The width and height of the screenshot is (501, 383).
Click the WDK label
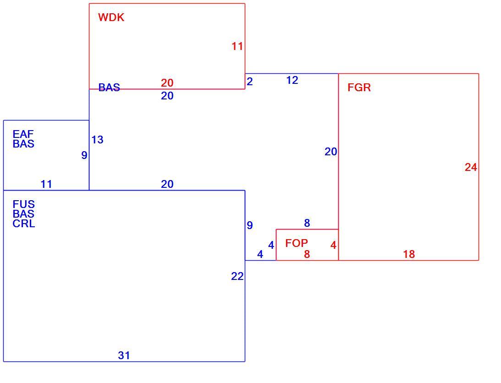(x=111, y=17)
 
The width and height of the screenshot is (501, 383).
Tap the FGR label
(x=359, y=88)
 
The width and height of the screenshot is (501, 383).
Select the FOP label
(x=297, y=243)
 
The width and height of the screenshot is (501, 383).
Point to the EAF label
(x=23, y=134)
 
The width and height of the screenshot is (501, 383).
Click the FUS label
(x=24, y=204)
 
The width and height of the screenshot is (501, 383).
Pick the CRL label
(x=24, y=224)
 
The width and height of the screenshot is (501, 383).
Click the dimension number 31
(x=124, y=355)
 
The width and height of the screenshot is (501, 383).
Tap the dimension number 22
(x=237, y=276)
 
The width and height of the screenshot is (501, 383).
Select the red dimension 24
(x=471, y=167)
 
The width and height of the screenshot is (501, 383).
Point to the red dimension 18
(x=409, y=254)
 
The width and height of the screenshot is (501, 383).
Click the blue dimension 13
(x=98, y=140)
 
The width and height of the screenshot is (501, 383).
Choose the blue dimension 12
(x=292, y=80)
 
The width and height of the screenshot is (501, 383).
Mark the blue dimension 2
(x=249, y=82)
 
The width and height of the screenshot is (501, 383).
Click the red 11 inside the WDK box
(x=237, y=46)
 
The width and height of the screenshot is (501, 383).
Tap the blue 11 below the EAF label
(x=46, y=184)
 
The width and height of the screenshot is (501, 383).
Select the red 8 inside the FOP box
(x=307, y=254)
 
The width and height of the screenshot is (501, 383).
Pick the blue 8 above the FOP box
(x=307, y=223)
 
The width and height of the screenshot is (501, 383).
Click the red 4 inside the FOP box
(x=333, y=245)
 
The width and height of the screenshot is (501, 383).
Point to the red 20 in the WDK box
(x=167, y=83)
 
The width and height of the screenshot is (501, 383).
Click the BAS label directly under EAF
(x=24, y=144)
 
